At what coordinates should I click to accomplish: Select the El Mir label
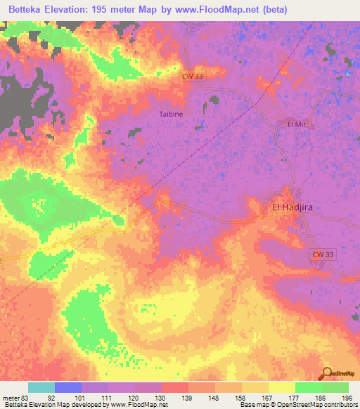[x=298, y=124]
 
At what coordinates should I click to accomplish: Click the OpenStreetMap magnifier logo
[x=327, y=373]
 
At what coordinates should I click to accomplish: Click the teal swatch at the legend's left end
[x=41, y=387]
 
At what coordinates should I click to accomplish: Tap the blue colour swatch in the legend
[x=68, y=387]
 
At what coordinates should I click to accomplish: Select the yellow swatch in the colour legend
[x=281, y=387]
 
